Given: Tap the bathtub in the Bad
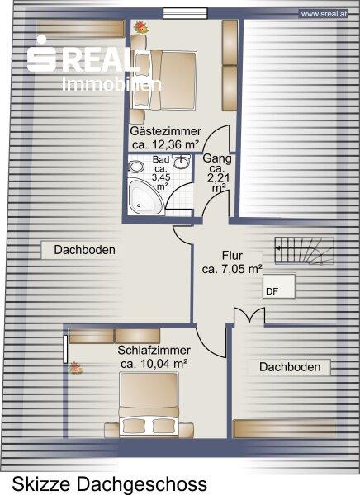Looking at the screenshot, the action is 145,197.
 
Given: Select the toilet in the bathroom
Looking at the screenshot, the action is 136,167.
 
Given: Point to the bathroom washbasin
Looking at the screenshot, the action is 182,162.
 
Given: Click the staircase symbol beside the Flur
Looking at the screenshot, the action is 304,250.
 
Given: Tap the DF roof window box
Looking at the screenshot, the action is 279,286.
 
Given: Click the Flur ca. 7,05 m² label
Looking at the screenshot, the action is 232,262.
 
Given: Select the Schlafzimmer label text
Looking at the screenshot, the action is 154,351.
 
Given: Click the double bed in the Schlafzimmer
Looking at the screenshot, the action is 149,405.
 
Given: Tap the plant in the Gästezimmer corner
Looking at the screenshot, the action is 141,27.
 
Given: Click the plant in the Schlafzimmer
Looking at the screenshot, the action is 75,368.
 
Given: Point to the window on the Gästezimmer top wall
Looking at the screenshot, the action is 185,13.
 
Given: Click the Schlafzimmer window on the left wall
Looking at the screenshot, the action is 65,349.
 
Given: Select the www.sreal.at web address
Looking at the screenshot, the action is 324,14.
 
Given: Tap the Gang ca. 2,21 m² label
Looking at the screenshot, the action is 217,173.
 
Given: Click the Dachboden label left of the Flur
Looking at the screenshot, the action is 84,250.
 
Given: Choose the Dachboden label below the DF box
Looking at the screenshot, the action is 290,367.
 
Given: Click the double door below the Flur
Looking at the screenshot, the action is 249,316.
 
